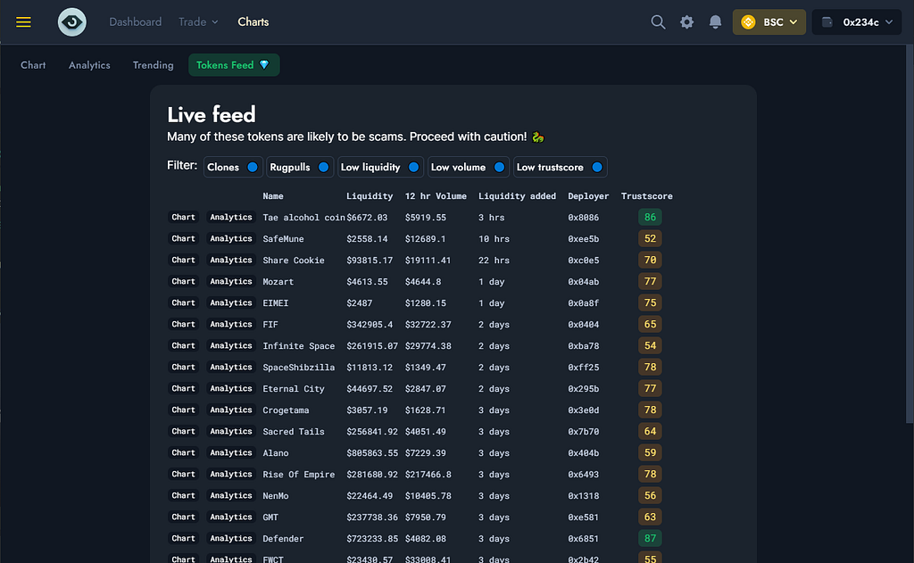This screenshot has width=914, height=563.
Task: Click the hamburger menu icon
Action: coord(23,22)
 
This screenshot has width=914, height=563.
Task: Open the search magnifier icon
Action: coord(658,22)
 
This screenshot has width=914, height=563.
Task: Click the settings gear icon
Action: coord(686,22)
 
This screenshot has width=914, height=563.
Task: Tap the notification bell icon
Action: coord(715,22)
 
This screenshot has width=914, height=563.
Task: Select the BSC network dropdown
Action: coord(769,22)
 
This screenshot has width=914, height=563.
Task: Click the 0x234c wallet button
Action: coord(857,22)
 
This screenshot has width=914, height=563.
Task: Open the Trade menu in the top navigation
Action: coord(198,22)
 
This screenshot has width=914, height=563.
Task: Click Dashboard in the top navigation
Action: coord(136,22)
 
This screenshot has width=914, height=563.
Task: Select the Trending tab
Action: coord(154,65)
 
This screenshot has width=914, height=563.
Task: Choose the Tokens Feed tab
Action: coord(234,65)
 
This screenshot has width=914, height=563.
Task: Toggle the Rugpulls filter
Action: coord(300,167)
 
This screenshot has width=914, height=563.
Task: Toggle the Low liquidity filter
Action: coord(380,167)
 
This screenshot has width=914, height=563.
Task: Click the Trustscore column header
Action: coord(646,195)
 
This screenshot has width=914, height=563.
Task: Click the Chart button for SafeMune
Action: coord(183,238)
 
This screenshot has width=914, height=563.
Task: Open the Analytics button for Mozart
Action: coord(231,282)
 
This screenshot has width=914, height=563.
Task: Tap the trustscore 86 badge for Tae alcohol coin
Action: coord(650,218)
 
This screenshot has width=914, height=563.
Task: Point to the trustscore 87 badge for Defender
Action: coord(650,539)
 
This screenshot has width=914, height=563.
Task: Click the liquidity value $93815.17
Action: coord(370,260)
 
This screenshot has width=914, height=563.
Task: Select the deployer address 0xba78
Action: coord(584,345)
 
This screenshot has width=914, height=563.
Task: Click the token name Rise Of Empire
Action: coord(298,475)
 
